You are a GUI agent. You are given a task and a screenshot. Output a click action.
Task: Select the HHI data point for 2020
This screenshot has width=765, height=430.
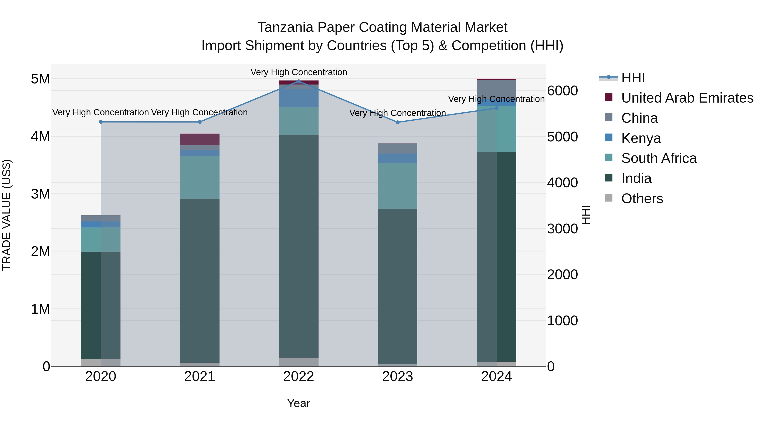click(x=101, y=122)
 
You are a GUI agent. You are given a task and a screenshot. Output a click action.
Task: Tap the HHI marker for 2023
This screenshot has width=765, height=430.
click(x=398, y=122)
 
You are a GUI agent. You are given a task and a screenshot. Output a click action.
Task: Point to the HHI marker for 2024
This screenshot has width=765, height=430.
click(x=497, y=108)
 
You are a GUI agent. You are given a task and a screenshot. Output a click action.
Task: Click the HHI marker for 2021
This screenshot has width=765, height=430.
click(x=200, y=122)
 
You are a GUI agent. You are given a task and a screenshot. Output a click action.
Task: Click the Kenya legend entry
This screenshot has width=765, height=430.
click(x=641, y=138)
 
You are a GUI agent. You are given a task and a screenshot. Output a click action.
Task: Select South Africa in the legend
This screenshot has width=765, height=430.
click(x=659, y=158)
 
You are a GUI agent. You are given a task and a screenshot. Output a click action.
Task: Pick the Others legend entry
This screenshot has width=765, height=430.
click(x=642, y=199)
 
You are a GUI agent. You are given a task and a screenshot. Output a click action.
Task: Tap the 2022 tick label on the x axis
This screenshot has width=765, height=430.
click(x=299, y=376)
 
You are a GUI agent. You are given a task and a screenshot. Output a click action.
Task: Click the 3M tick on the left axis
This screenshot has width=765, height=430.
click(x=40, y=194)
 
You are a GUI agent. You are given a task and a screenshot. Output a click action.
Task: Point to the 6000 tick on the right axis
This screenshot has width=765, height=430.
click(x=562, y=91)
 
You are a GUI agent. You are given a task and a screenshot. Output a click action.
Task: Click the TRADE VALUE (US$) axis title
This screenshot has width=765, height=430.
click(x=7, y=215)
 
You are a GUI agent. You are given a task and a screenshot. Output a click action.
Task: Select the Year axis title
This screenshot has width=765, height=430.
click(x=299, y=403)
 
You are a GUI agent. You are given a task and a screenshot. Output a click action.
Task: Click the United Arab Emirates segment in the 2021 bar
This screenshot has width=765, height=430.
click(x=200, y=140)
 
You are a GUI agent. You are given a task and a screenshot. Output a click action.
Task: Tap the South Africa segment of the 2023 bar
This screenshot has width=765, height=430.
click(x=398, y=186)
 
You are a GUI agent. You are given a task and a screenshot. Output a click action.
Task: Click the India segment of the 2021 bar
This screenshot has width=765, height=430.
click(x=200, y=281)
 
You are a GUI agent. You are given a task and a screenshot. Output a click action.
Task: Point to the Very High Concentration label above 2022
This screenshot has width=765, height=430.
click(x=299, y=72)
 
